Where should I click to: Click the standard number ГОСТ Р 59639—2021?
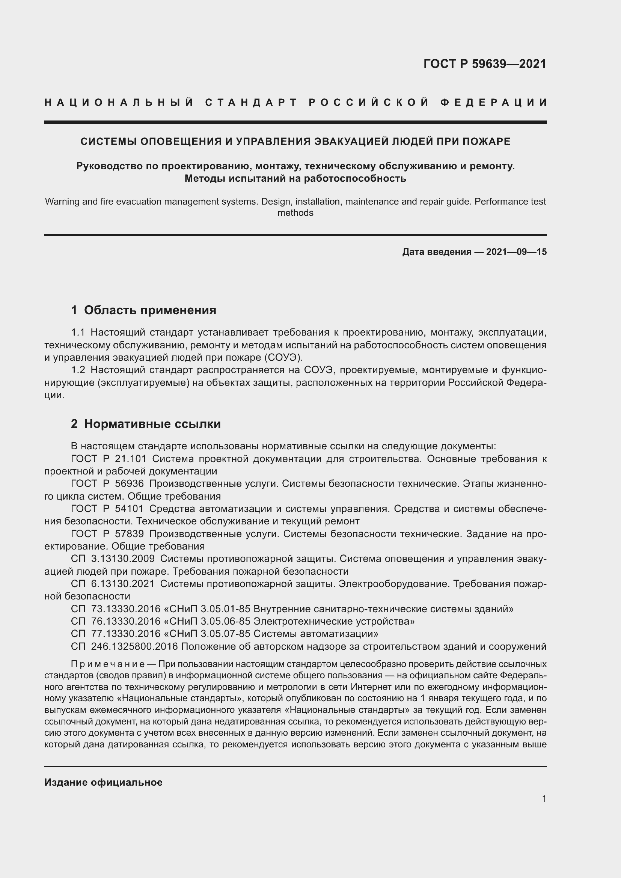click(x=484, y=63)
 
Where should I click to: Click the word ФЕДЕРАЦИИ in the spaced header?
click(x=493, y=102)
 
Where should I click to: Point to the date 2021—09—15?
click(x=516, y=252)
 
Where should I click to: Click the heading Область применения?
click(x=150, y=310)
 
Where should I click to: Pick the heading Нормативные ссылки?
click(x=152, y=424)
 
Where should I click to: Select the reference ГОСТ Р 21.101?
click(x=109, y=459)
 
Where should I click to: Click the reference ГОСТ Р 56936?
click(x=107, y=484)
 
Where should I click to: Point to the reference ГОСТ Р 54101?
click(x=107, y=509)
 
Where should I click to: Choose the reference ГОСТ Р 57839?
click(x=107, y=534)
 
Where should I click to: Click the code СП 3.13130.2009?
click(x=113, y=559)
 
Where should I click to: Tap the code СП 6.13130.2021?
click(x=113, y=584)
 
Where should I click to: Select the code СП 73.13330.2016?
click(x=116, y=609)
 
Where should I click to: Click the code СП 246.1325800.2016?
click(x=124, y=646)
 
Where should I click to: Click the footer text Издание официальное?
click(x=103, y=782)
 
